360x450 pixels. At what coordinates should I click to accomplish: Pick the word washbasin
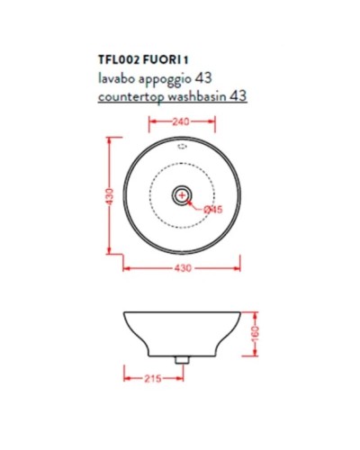click(x=203, y=94)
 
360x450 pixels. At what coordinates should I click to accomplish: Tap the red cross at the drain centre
click(x=183, y=194)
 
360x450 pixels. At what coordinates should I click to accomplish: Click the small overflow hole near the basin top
click(x=183, y=147)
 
